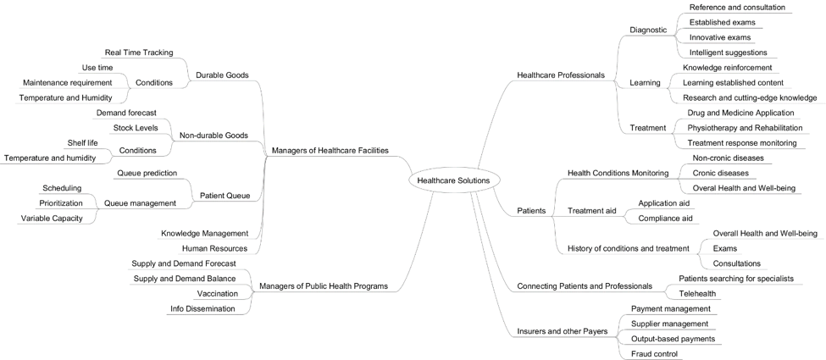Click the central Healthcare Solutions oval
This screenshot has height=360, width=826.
(x=453, y=180)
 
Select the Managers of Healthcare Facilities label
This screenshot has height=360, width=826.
(x=330, y=150)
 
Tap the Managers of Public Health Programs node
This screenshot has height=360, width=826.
(x=324, y=286)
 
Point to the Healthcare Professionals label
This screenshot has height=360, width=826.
(x=561, y=75)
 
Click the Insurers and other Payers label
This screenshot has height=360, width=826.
(x=562, y=331)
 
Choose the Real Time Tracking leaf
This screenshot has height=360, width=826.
(x=139, y=53)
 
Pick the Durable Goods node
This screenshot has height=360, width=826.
(x=222, y=75)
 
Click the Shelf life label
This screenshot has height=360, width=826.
(x=83, y=143)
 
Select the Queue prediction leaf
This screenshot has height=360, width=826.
(x=147, y=173)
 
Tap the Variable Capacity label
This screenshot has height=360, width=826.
(x=52, y=219)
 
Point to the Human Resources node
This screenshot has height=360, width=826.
(x=214, y=248)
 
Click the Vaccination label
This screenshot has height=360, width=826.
(x=218, y=294)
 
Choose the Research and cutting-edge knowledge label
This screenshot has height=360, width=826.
(x=750, y=97)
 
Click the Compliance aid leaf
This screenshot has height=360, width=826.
(x=665, y=219)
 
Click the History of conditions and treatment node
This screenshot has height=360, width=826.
(x=628, y=248)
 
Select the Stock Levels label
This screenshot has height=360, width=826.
(x=136, y=128)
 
